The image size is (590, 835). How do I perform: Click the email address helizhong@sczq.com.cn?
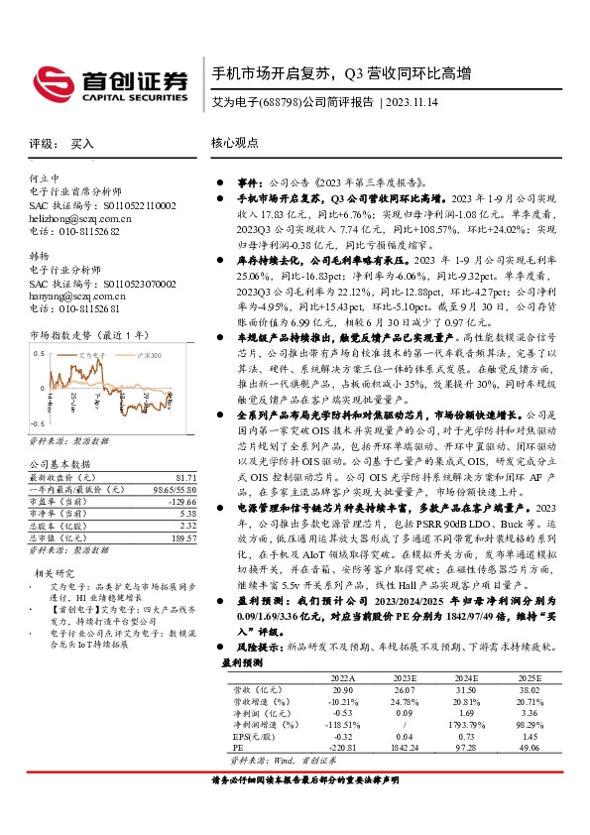80,217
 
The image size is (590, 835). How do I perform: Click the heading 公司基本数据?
59,463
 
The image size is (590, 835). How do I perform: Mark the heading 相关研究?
54,572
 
